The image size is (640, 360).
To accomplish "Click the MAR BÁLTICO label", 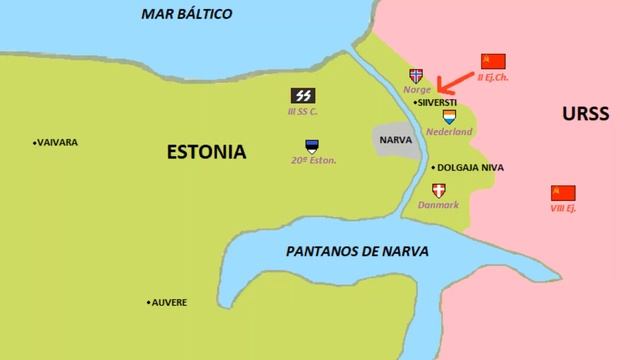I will coord(186,14).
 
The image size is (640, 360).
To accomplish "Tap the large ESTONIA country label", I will coord(206,152).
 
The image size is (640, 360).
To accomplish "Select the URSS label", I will coord(586,114).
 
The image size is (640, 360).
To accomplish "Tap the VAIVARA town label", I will coord(56,142).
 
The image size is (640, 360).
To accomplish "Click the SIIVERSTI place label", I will coord(438,103).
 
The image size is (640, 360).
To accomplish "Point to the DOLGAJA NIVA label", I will coord(468,168).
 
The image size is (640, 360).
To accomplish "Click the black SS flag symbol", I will coord(302,95).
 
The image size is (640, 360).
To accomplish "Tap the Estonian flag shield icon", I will coord(313,145).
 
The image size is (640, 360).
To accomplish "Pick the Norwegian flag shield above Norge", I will coord(416,75).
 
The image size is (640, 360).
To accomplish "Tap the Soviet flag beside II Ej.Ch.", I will coord(493,61).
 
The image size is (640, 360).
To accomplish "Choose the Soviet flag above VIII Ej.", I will coord(563,192).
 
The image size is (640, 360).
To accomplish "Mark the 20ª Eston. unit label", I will coord(313,160).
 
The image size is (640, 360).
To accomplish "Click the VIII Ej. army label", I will coord(563,208).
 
